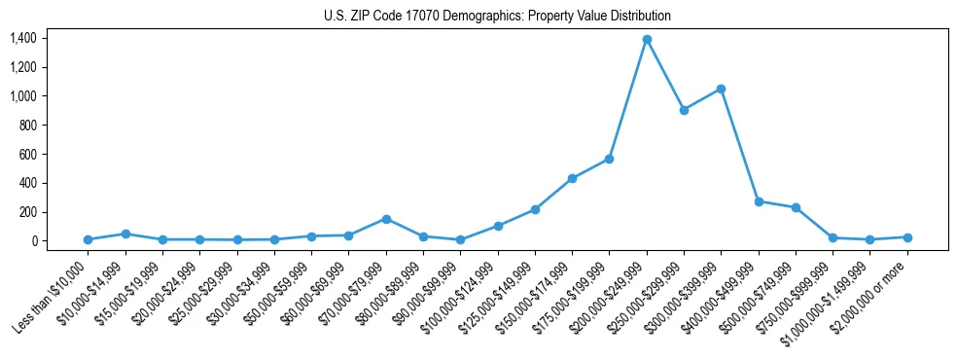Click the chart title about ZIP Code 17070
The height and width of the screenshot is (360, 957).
(497, 17)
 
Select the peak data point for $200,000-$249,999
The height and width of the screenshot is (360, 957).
(647, 40)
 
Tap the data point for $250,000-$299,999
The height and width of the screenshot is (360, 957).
(684, 110)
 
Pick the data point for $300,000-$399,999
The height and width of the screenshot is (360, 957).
(721, 89)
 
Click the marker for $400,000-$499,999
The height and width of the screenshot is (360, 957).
(759, 201)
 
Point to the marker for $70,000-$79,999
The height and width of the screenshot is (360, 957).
(386, 219)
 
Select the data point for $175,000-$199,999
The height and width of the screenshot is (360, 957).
(609, 159)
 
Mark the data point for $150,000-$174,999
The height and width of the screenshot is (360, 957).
(572, 178)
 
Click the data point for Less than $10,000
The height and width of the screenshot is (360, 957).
(88, 239)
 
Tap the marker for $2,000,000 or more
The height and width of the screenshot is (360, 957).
(907, 237)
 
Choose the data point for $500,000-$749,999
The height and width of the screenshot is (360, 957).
(796, 207)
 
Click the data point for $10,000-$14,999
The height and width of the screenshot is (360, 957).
(125, 234)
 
